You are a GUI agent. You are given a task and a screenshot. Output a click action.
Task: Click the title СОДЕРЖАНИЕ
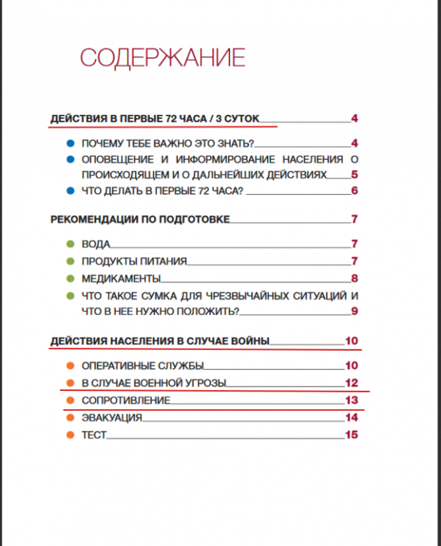click(162, 58)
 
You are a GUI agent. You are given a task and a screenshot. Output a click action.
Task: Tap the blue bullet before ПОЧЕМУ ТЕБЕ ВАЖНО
click(70, 144)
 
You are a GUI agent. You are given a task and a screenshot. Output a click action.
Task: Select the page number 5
click(355, 174)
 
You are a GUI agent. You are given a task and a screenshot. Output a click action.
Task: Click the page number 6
click(355, 191)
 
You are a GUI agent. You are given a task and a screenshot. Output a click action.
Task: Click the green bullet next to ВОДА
click(70, 244)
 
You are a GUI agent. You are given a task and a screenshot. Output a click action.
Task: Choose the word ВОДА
click(96, 244)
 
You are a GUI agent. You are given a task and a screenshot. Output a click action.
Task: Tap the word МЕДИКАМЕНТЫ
click(121, 279)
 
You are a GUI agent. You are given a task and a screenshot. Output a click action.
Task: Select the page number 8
click(355, 279)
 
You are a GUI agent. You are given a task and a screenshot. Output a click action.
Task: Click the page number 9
click(355, 311)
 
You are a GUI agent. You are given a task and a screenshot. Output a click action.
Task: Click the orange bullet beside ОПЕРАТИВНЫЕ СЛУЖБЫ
click(70, 366)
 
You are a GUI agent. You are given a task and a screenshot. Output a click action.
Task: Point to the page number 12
click(351, 383)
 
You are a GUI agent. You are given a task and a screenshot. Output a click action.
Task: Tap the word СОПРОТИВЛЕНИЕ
click(126, 400)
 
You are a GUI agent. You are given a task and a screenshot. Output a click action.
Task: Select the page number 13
click(351, 400)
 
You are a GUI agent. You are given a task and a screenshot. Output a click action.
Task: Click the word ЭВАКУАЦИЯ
click(112, 418)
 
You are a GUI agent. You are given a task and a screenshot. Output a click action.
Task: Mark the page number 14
click(351, 418)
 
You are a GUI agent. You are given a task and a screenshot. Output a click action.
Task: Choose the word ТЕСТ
click(94, 435)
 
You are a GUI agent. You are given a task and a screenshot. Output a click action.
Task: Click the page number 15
click(351, 435)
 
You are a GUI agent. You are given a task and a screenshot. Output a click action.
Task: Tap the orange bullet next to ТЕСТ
click(70, 435)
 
